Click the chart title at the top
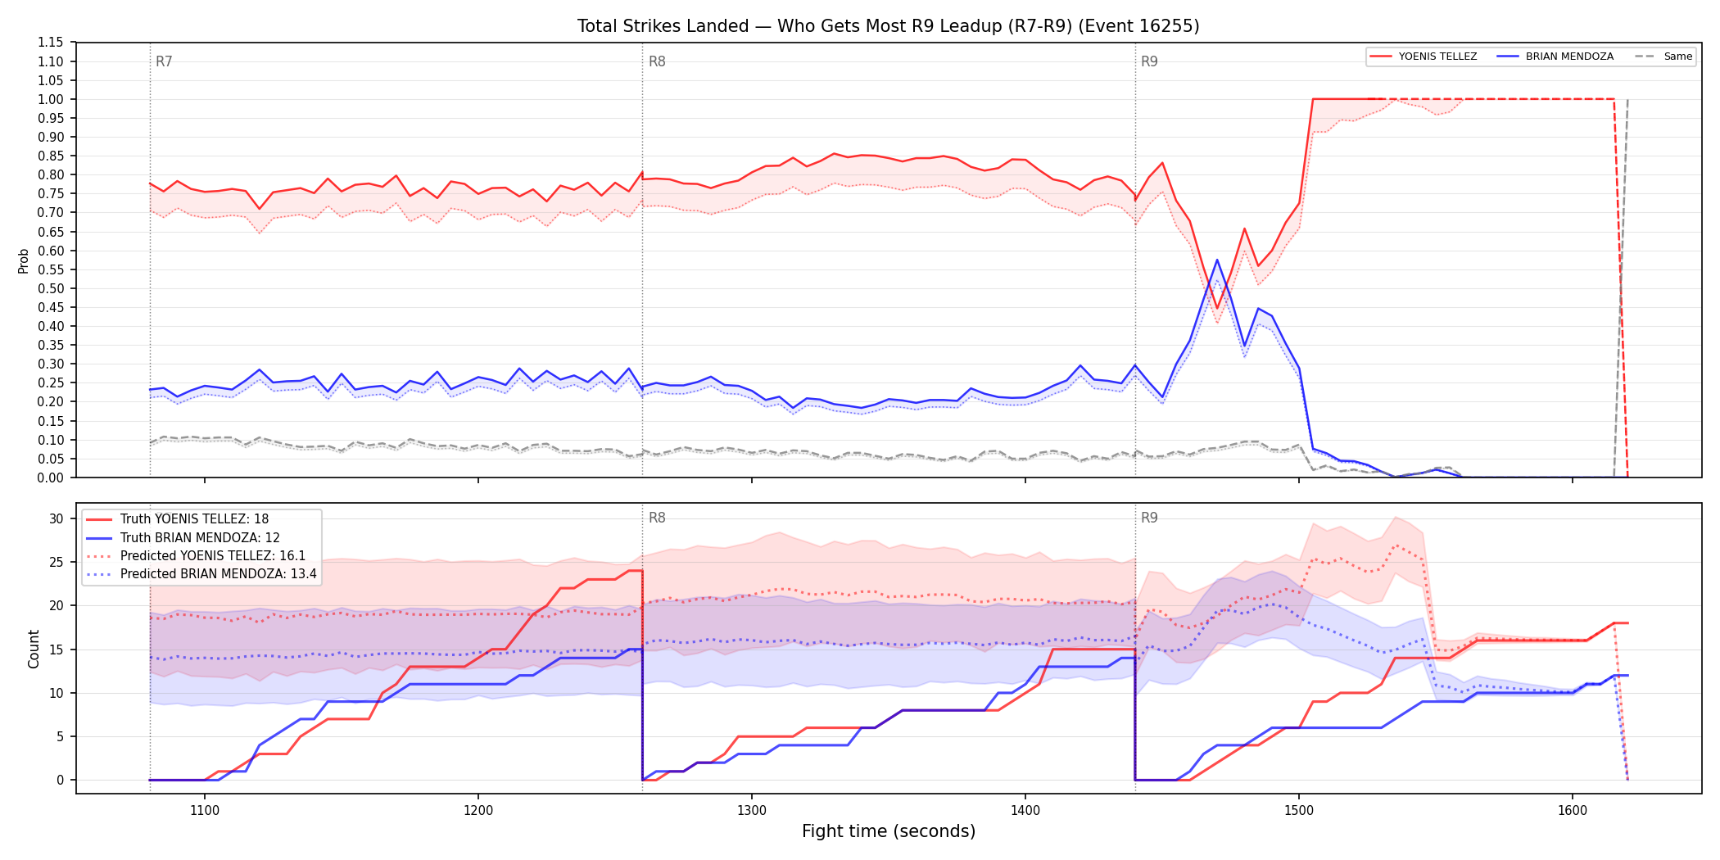[888, 26]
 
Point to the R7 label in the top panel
[164, 61]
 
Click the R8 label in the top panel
[657, 61]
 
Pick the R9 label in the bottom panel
[1149, 518]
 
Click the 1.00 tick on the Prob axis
[51, 99]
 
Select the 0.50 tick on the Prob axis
[51, 288]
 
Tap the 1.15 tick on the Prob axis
[51, 43]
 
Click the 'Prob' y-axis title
[24, 260]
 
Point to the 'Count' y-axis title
[34, 649]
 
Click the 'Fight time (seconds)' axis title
[889, 831]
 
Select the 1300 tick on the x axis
[752, 811]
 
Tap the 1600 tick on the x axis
[1573, 811]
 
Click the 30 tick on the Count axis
[57, 518]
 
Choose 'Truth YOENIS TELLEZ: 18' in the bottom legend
[194, 519]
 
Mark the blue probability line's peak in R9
[1217, 260]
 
